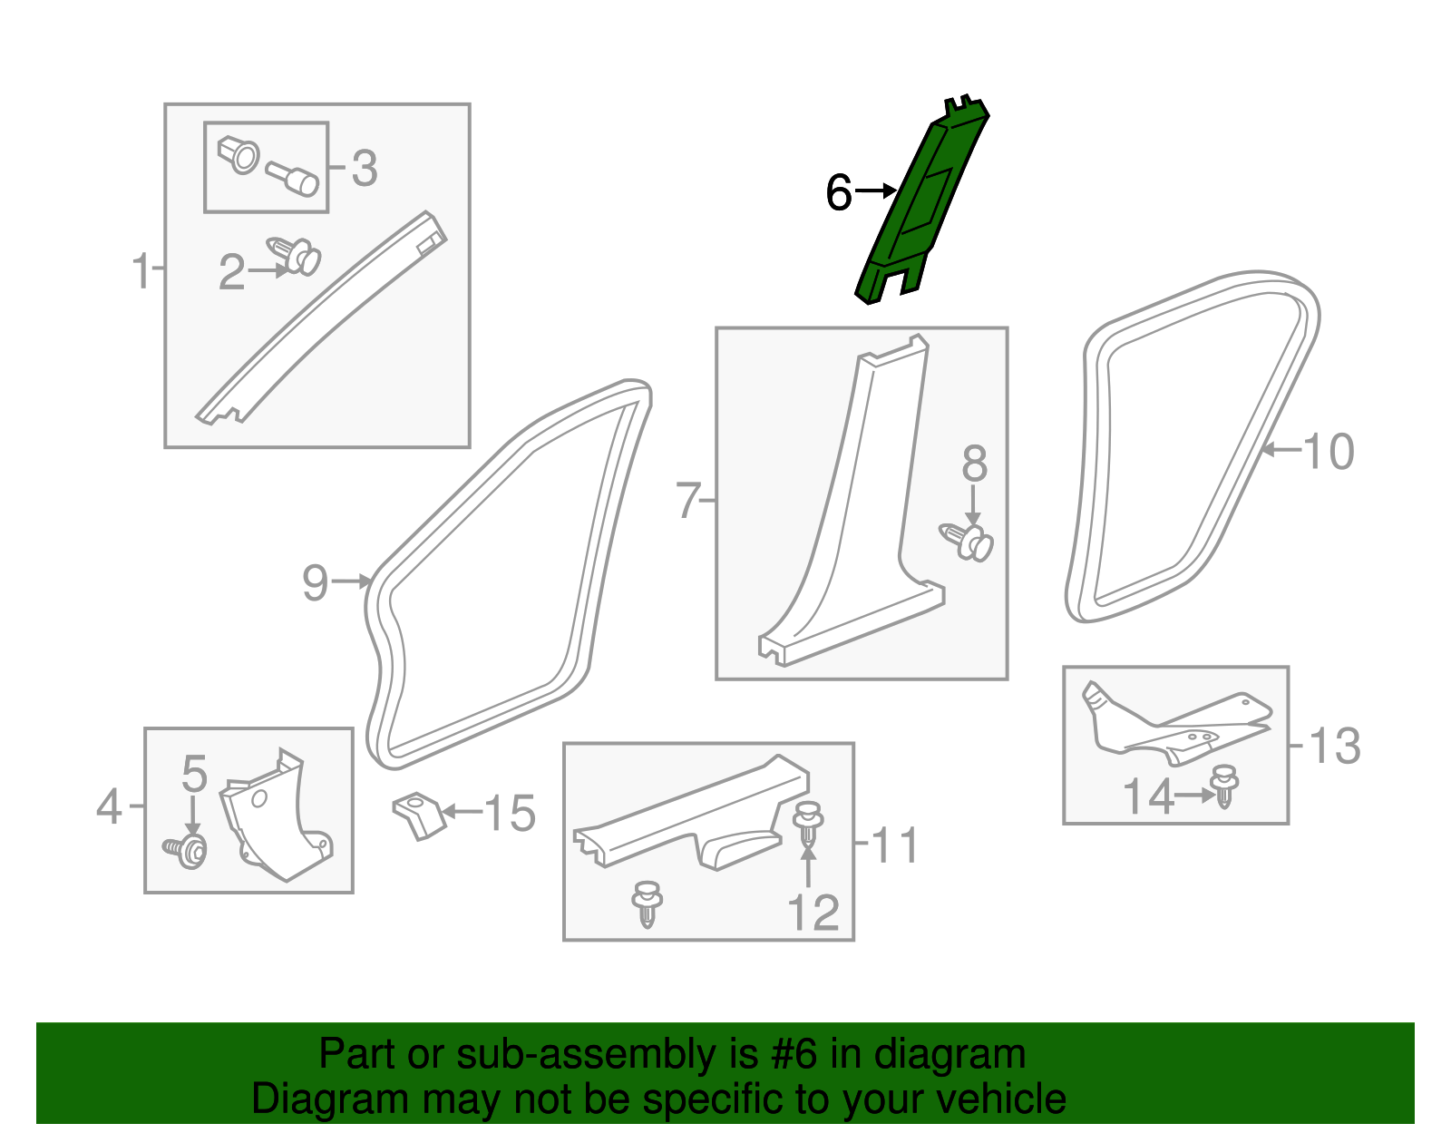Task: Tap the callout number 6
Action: tap(839, 192)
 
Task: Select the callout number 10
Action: tap(1329, 452)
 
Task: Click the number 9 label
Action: tap(316, 582)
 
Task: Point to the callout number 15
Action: tap(510, 813)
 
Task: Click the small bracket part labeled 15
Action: tap(419, 816)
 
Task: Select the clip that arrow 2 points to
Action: tap(294, 256)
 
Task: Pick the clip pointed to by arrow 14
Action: tap(1224, 786)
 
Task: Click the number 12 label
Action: tap(813, 912)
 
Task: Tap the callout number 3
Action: tap(365, 168)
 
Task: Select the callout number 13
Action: tap(1335, 746)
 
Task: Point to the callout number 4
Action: tap(109, 806)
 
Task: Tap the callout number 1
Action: tap(141, 271)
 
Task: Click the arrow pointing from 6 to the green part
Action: tap(875, 190)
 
